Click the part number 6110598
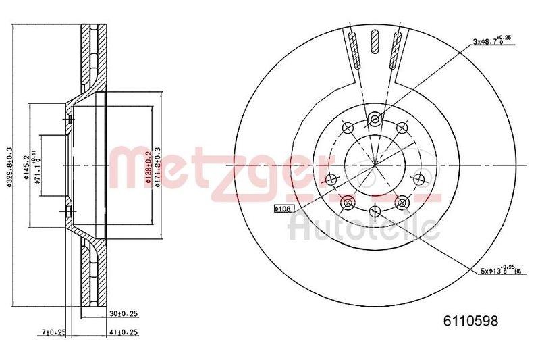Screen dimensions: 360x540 click(470, 322)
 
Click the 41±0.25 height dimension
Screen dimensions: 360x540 click(124, 332)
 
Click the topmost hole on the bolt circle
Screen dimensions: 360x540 click(375, 120)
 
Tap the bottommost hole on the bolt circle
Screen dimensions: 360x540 click(375, 212)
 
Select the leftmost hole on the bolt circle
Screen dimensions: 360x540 click(331, 179)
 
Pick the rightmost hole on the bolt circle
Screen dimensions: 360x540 click(418, 179)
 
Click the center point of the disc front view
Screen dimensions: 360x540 click(375, 165)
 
